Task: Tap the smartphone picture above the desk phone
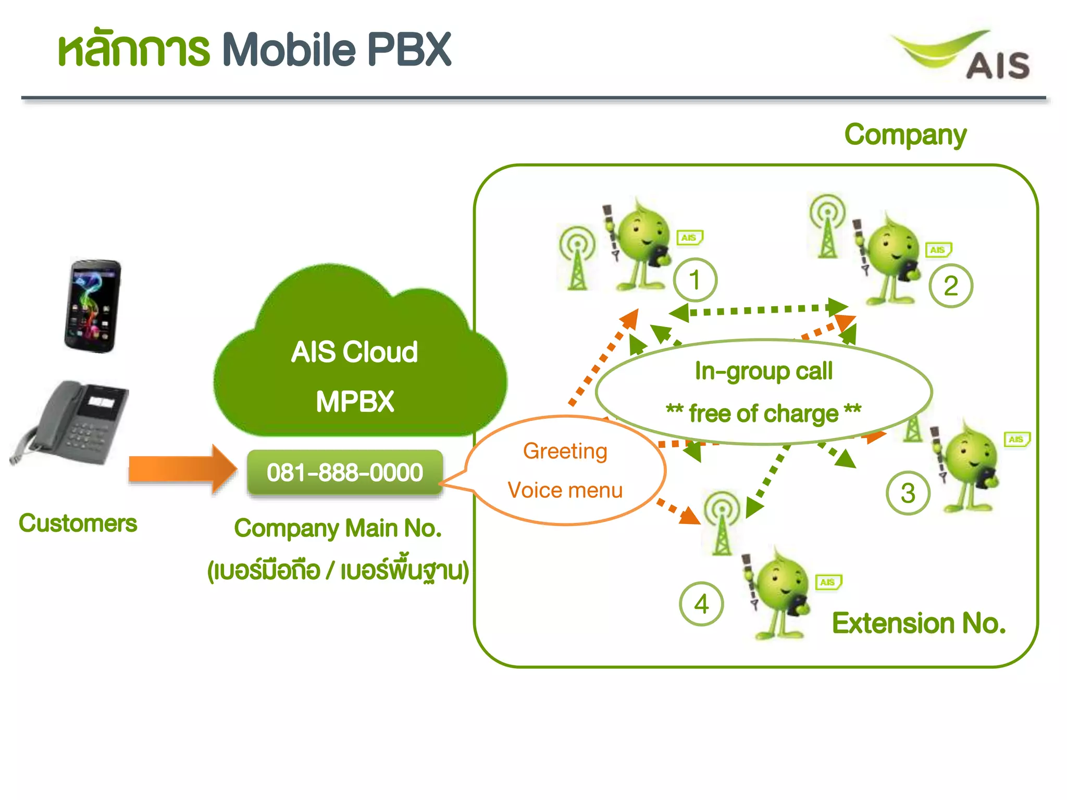point(93,306)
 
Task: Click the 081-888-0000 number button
point(345,472)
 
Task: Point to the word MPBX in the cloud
point(355,402)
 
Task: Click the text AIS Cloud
point(354,352)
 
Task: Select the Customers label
point(78,523)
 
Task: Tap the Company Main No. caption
point(338,528)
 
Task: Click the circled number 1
point(695,280)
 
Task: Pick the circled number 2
point(951,285)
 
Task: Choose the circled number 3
point(908,493)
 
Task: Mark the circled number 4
point(701,604)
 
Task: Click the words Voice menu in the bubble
point(565,491)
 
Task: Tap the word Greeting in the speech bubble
point(565,451)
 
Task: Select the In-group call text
point(764,371)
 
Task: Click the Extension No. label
point(919,623)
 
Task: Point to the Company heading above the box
point(905,135)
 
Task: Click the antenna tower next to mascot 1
point(577,258)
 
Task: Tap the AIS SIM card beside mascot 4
point(828,582)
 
